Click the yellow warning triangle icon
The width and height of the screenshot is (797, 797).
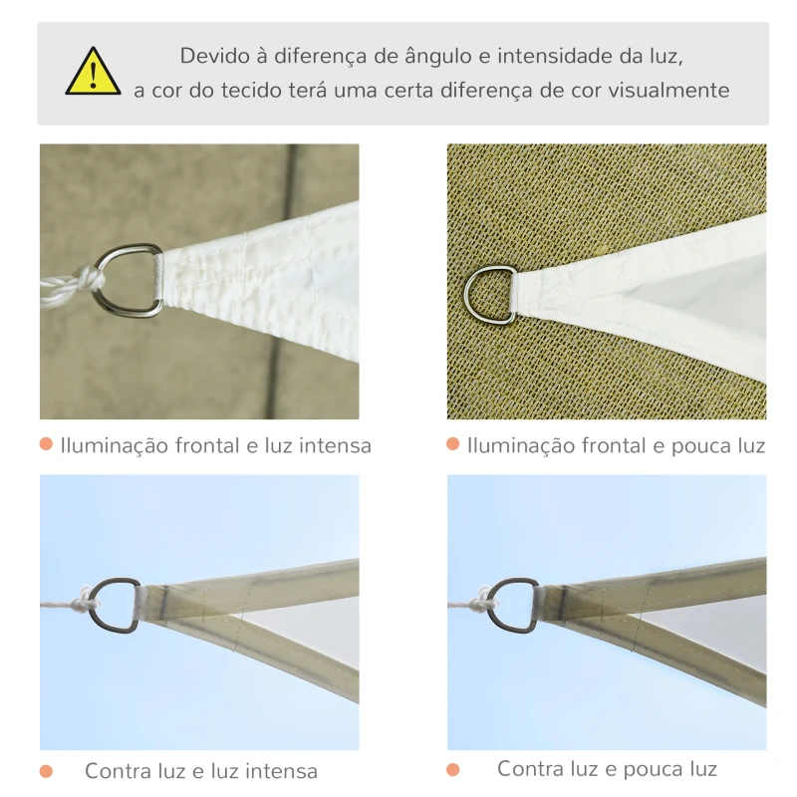[x=93, y=73]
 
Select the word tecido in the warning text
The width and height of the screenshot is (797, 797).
[x=243, y=91]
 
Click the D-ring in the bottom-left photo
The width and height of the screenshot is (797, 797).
[x=117, y=605]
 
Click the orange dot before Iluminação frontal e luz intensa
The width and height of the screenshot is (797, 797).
[x=46, y=444]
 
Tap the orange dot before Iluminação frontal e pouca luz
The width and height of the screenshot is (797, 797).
[x=453, y=444]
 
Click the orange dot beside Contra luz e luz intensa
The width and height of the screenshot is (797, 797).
[x=46, y=770]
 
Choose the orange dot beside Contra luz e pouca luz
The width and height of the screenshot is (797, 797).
[x=453, y=769]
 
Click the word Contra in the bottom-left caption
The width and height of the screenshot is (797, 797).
[x=118, y=771]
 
